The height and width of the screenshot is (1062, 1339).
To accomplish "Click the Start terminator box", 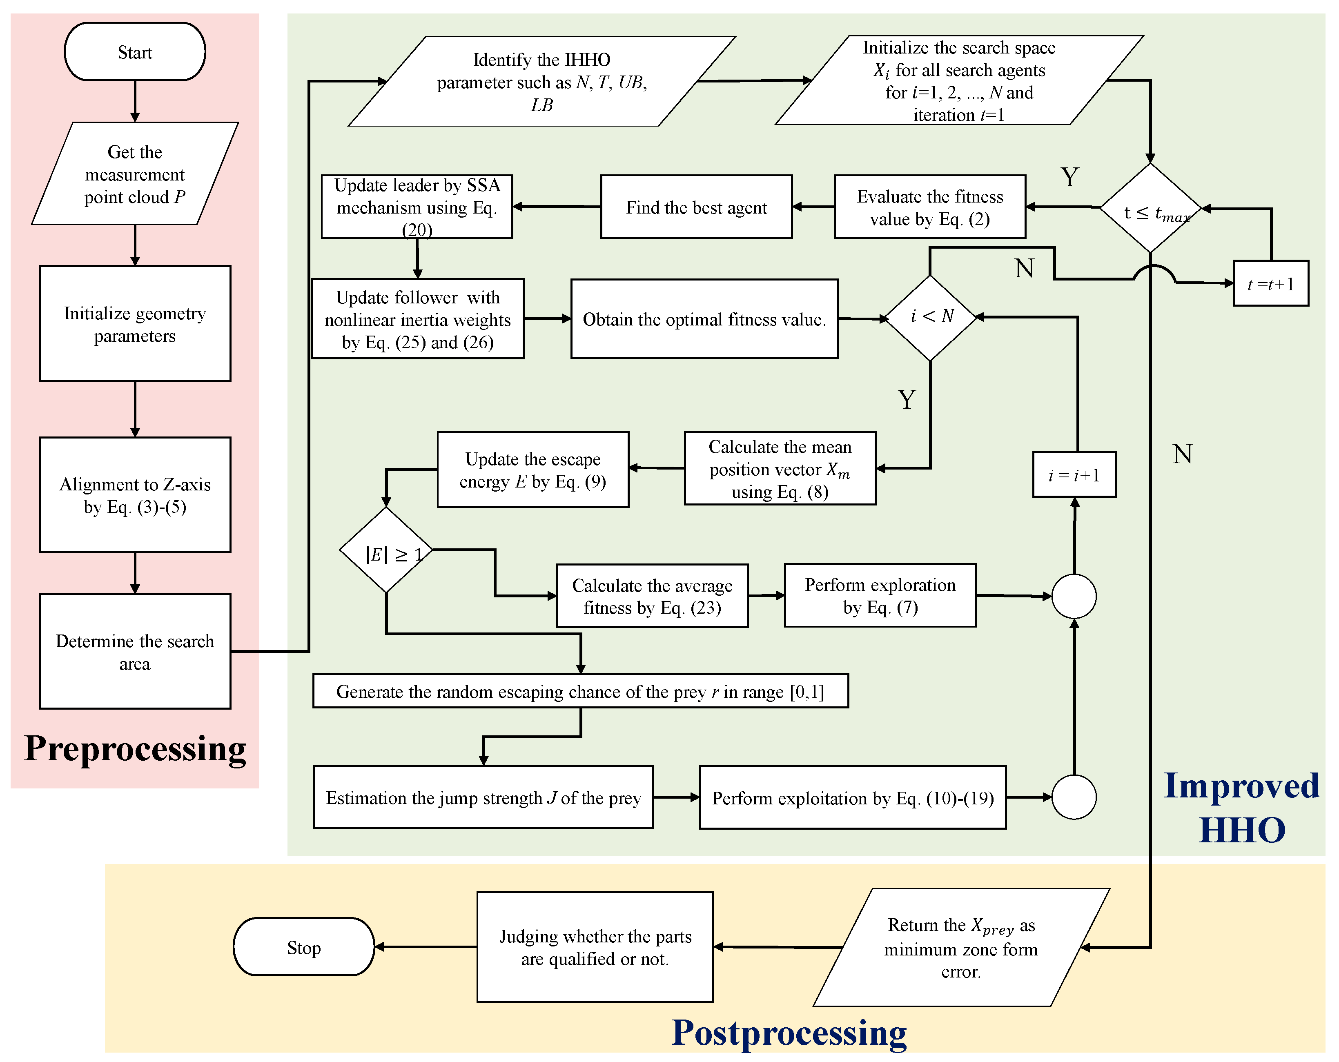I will (135, 52).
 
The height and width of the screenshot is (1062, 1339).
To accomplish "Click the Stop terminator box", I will (304, 947).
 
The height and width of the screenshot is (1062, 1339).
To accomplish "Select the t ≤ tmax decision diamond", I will (1150, 209).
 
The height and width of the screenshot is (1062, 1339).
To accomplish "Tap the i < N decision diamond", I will (930, 317).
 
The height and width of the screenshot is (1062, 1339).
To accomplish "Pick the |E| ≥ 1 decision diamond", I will (386, 550).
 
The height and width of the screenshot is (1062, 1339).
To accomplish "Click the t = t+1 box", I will (1271, 284).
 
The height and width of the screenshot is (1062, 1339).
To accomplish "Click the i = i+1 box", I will (1074, 475).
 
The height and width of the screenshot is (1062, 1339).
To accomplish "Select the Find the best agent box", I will (696, 207).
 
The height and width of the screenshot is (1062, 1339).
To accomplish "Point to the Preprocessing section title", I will (135, 749).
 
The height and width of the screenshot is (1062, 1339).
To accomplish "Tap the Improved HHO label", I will (1241, 807).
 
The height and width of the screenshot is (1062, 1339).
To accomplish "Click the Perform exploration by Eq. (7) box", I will (880, 596).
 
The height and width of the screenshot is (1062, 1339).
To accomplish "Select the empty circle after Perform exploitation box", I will (1074, 797).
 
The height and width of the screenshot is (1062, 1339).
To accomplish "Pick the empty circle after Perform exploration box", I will (1074, 596).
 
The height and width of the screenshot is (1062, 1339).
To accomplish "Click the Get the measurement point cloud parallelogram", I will (135, 174).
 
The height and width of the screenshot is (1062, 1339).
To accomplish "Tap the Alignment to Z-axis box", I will (135, 495).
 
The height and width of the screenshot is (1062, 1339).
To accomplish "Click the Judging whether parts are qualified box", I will (595, 947).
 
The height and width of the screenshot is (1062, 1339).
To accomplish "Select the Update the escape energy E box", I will (533, 470).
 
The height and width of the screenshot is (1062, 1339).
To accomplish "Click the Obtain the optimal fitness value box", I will (704, 319).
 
